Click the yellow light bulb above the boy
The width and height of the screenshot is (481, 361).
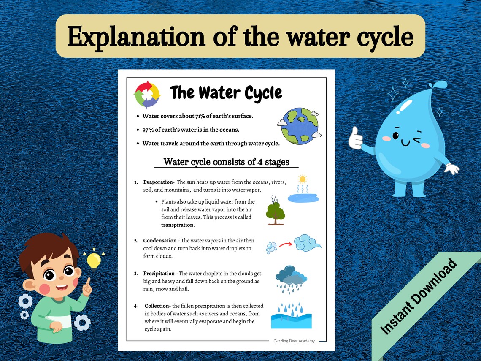click(x=94, y=260)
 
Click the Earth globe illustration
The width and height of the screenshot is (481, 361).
click(x=299, y=126)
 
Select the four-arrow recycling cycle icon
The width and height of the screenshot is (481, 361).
click(x=147, y=95)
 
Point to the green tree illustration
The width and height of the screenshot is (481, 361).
click(x=275, y=212)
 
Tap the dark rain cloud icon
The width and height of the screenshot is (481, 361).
click(x=291, y=276)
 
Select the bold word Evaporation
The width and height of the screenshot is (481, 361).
click(x=159, y=182)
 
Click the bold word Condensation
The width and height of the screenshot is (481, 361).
click(x=159, y=241)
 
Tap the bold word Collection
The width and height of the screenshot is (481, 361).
click(x=157, y=306)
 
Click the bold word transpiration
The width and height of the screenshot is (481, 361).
click(x=177, y=225)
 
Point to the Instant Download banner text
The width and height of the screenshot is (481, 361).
click(x=419, y=297)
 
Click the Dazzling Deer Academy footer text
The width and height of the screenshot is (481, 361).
click(x=294, y=341)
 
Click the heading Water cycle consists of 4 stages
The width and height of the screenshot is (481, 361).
click(x=226, y=162)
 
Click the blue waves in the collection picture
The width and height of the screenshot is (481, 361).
click(x=291, y=320)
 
